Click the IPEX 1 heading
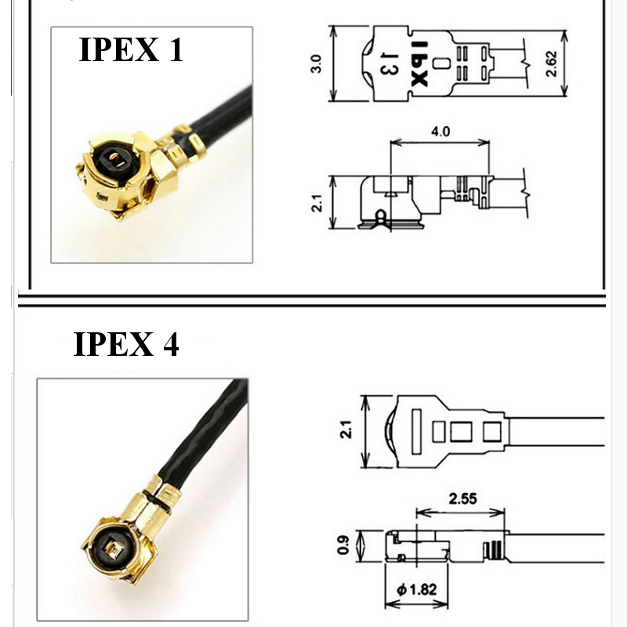click(131, 49)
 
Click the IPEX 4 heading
click(126, 344)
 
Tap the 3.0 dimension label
click(316, 63)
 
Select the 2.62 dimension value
click(551, 63)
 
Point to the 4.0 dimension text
click(440, 131)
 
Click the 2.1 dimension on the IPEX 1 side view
click(317, 203)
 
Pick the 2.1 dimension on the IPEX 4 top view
click(346, 429)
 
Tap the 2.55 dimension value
click(462, 498)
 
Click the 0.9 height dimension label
click(343, 545)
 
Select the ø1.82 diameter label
click(417, 589)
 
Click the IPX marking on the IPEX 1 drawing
click(419, 63)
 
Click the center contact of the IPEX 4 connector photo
click(115, 551)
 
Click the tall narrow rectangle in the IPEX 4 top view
click(417, 432)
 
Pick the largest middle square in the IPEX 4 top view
click(461, 432)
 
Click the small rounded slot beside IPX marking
click(439, 63)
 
